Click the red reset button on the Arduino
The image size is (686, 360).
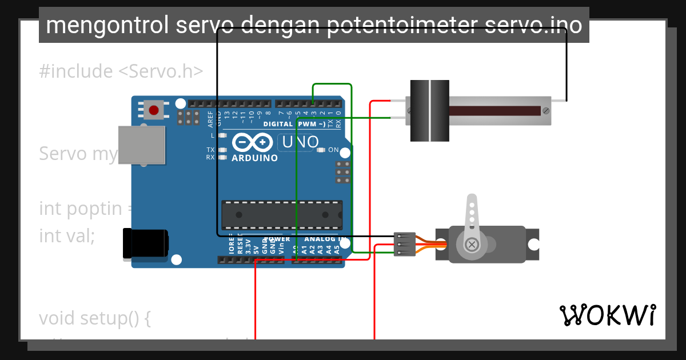[153, 110]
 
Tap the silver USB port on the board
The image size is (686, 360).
[141, 145]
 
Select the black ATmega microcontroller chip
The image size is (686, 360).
[282, 215]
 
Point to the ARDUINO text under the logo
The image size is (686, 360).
[254, 158]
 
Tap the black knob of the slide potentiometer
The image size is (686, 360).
[430, 111]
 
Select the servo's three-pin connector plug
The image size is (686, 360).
[404, 244]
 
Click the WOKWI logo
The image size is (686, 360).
[608, 315]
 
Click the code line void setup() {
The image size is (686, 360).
[95, 318]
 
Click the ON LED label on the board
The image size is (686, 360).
[333, 150]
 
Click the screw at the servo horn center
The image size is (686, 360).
[472, 245]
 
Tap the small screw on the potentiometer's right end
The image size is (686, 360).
[545, 110]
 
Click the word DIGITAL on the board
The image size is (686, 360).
[279, 124]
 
